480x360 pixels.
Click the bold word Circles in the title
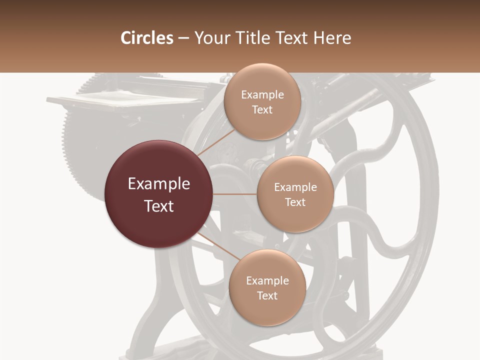click(146, 38)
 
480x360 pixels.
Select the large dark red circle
click(159, 194)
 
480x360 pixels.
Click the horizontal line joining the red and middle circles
click(235, 194)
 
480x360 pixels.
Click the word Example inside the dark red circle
click(159, 184)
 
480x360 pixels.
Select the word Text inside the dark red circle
click(159, 206)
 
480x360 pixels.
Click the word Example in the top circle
click(262, 95)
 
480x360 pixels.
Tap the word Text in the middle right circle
click(295, 202)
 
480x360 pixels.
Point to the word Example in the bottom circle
click(267, 281)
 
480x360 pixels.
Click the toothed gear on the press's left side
click(75, 145)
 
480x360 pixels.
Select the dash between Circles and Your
click(183, 38)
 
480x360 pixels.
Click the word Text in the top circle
click(262, 109)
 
